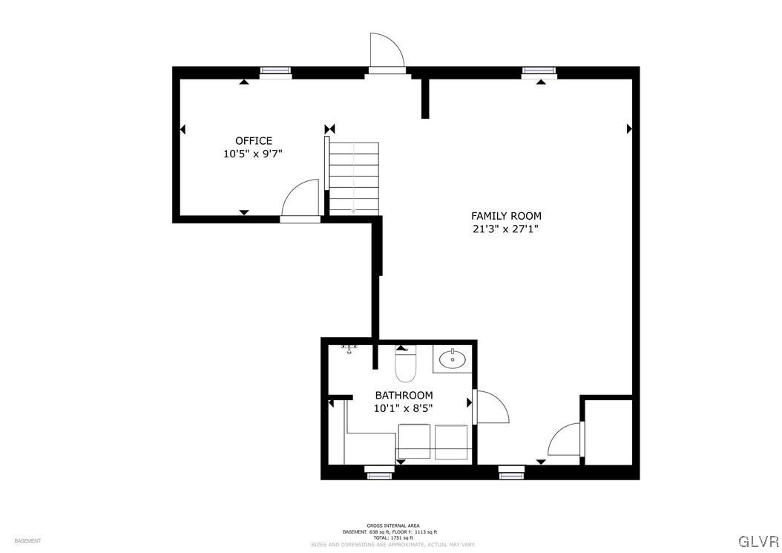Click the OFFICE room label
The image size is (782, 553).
[254, 141]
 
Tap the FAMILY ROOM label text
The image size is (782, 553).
[506, 216]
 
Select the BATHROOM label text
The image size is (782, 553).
[404, 395]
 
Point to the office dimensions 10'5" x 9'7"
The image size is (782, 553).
[253, 154]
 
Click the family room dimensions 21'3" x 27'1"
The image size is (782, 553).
[505, 229]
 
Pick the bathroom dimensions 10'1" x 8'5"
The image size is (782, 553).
[404, 408]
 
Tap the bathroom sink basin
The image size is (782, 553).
[452, 360]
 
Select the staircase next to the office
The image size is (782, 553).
[354, 177]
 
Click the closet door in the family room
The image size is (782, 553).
[567, 439]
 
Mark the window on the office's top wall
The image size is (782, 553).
[275, 71]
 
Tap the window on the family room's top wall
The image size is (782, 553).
[539, 71]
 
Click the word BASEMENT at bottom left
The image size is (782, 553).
[27, 541]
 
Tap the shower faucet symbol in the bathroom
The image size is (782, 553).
[349, 347]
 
